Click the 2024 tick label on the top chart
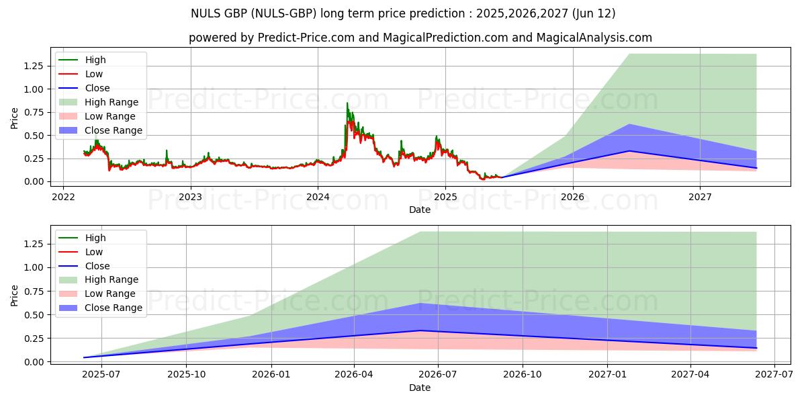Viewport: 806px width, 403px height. point(318,197)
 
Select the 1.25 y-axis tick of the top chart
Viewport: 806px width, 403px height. point(33,66)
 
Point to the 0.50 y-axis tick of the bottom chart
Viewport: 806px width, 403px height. point(33,315)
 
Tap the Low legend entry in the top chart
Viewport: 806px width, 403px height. point(93,74)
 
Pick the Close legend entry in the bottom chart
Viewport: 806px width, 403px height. point(97,266)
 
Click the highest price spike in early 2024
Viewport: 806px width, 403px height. point(347,103)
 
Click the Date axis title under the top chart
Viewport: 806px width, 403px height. point(420,210)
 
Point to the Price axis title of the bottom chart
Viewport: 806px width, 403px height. point(15,295)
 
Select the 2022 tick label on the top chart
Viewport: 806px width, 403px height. point(63,197)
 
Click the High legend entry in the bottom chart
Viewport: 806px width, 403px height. point(95,238)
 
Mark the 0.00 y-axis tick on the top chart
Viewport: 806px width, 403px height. point(33,182)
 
